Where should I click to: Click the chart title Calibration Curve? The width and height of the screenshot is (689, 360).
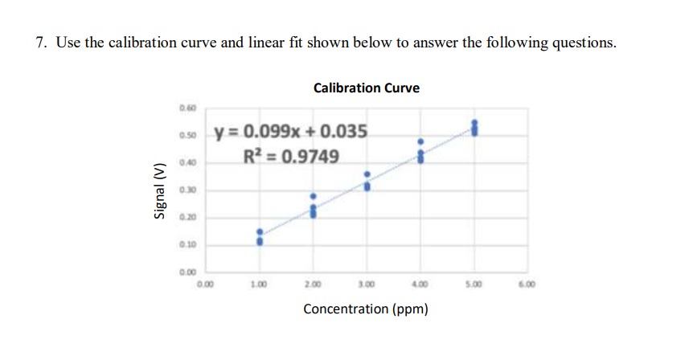coord(366,88)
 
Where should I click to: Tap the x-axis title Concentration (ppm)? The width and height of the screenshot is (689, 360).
coord(365,309)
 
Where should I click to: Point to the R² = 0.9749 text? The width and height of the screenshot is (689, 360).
coord(291,154)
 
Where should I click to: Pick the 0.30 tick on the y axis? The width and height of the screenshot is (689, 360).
coord(187,190)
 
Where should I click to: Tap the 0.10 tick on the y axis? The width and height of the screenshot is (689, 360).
coord(187,245)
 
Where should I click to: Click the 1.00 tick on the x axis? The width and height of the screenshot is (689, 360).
coord(259,284)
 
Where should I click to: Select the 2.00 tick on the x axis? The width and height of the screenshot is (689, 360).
coord(313,284)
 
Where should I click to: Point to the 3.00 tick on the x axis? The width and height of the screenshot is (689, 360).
coord(367,284)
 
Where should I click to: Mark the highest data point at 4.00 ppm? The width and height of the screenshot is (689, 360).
coord(420,141)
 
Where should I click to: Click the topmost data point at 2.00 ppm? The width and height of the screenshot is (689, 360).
coord(313,195)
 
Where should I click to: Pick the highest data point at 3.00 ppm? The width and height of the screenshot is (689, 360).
coord(367,174)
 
